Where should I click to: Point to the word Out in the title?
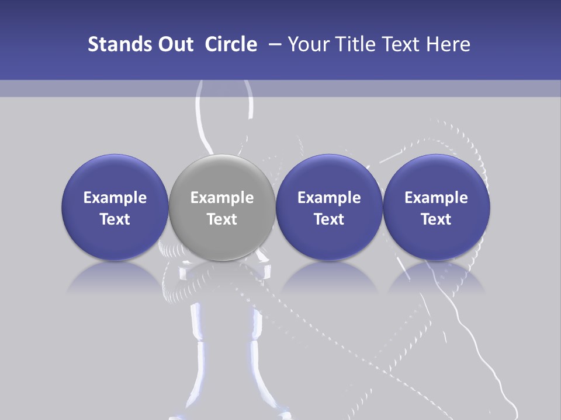[175, 44]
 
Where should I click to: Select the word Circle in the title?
[231, 44]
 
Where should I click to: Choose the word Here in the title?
[449, 44]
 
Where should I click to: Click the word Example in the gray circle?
[222, 198]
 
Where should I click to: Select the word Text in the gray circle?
[222, 219]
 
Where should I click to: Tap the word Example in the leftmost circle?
[115, 198]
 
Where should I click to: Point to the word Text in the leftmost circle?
[115, 219]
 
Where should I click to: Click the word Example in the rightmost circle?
[436, 198]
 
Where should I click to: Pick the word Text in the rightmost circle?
[436, 219]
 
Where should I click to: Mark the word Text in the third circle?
[329, 219]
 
